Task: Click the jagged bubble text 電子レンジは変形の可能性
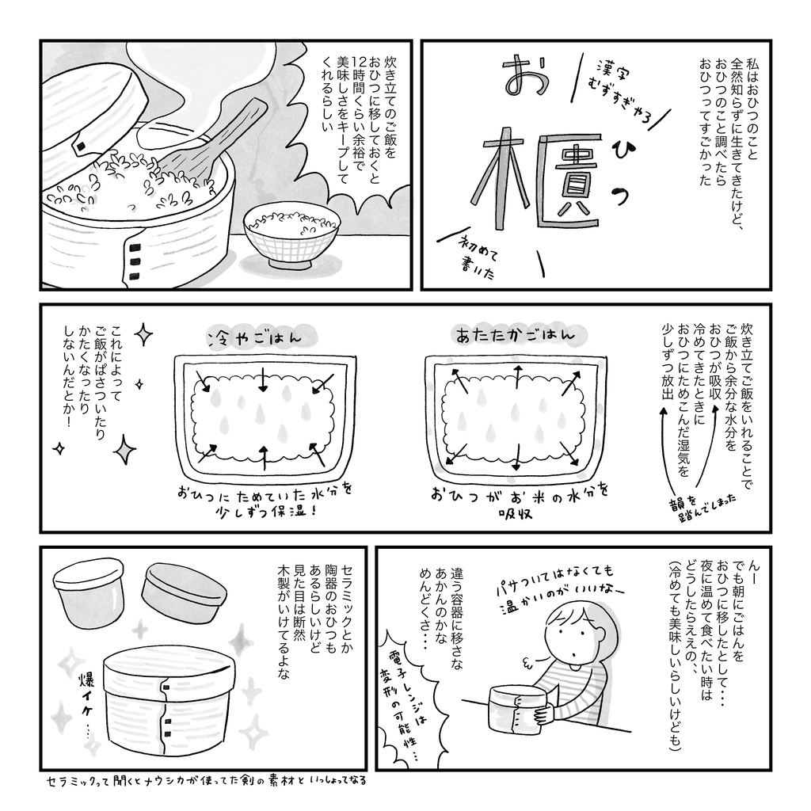pos(409,706)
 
